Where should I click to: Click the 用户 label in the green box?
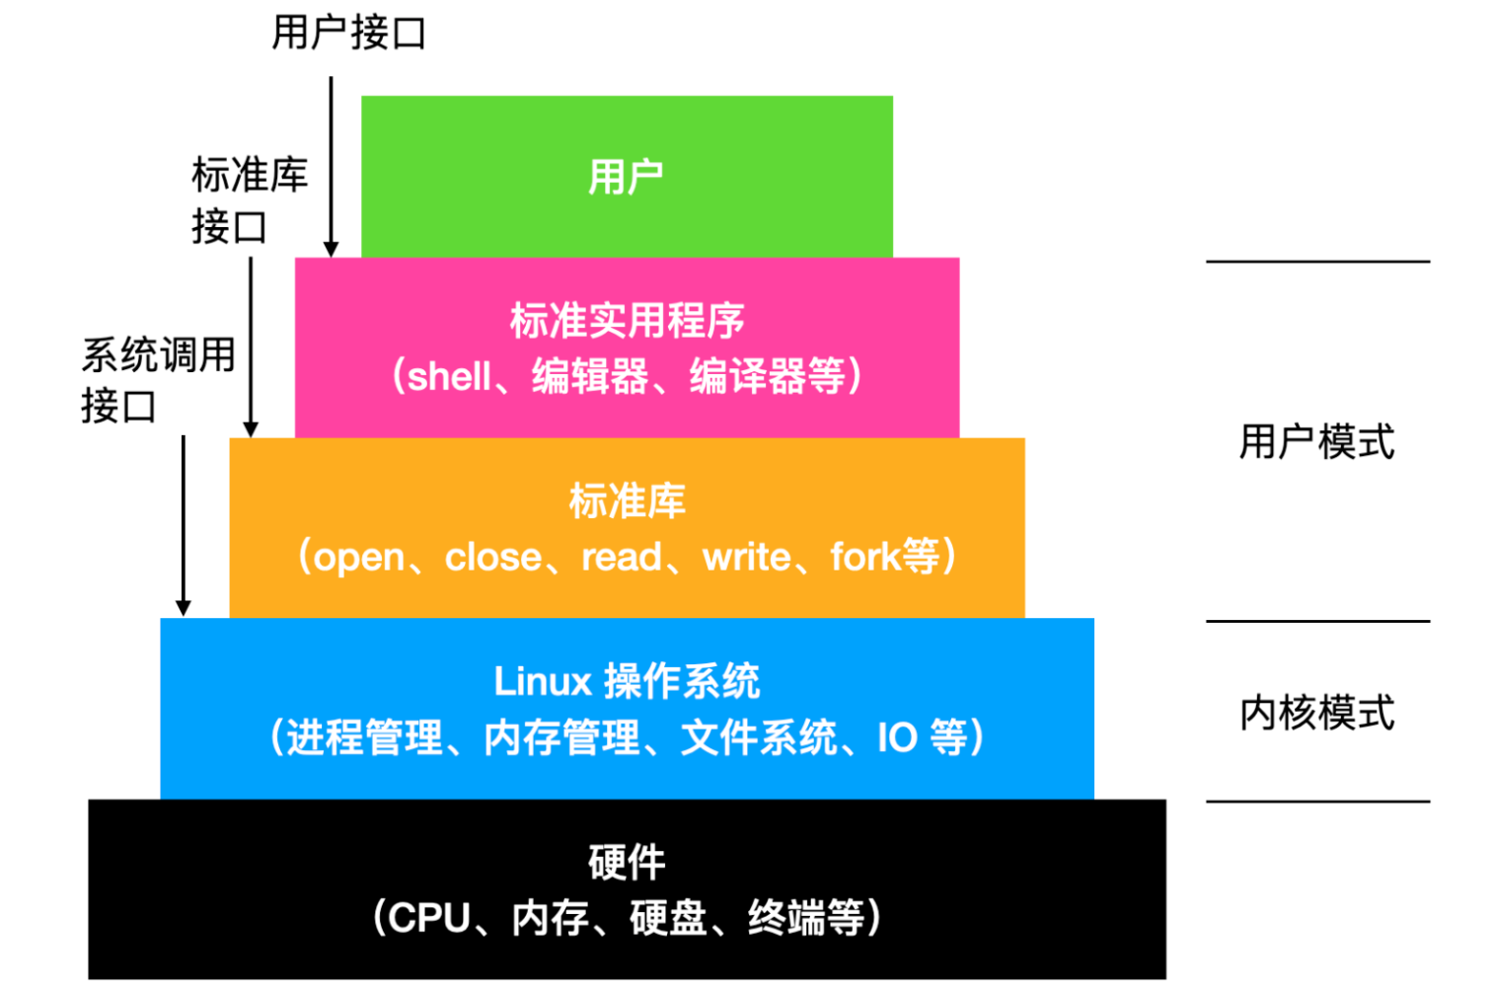point(626,178)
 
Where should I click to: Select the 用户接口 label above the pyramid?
point(348,33)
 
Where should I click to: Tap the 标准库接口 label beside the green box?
point(249,200)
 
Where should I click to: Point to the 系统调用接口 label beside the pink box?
point(158,380)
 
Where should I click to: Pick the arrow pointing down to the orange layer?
point(251,345)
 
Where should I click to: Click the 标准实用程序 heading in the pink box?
point(627,321)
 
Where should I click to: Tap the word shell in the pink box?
point(449,377)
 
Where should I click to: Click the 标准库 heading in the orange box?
point(627,501)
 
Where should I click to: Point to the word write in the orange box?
point(746,558)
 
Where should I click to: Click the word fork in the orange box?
point(864,557)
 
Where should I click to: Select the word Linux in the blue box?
point(542,681)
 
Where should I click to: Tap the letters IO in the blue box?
point(897,737)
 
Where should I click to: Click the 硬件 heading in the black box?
point(627,863)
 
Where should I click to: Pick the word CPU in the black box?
point(429,918)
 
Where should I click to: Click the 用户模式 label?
point(1316,441)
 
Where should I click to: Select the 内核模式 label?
point(1316,713)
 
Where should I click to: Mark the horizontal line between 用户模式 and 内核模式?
point(1316,622)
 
